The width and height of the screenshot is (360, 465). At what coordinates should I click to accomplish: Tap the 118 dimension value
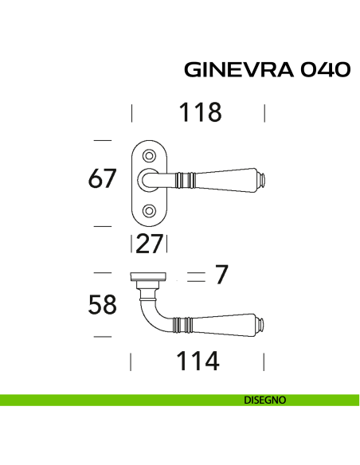pyautogui.click(x=199, y=113)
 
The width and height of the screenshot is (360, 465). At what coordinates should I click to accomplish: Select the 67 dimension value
pyautogui.click(x=103, y=180)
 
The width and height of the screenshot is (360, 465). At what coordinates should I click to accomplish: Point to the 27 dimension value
pyautogui.click(x=149, y=244)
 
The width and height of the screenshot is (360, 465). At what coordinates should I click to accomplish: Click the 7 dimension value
pyautogui.click(x=222, y=275)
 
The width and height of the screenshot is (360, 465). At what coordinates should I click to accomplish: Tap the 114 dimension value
pyautogui.click(x=197, y=362)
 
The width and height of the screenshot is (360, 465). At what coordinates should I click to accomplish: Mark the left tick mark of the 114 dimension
pyautogui.click(x=131, y=362)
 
